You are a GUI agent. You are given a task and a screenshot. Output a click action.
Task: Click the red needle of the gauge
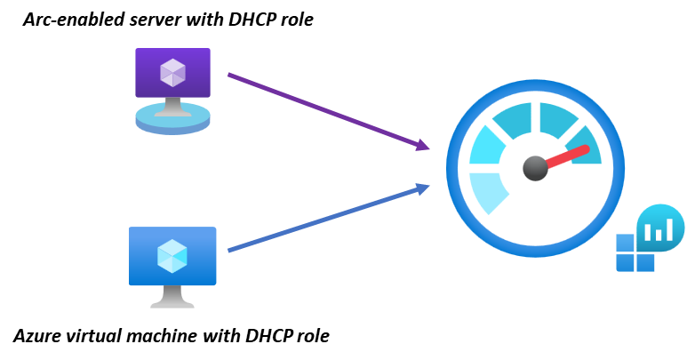point(569,156)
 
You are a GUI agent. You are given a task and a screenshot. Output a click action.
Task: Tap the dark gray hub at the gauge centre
point(535,168)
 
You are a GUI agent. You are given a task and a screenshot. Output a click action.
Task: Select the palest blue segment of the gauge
point(486,191)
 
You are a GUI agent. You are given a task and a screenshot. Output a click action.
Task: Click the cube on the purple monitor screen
point(172,72)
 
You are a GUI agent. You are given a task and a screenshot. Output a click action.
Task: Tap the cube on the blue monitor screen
point(172,256)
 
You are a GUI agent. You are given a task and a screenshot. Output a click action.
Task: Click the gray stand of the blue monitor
point(172,297)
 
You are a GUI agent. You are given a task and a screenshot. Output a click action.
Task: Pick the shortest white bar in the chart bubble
point(649,234)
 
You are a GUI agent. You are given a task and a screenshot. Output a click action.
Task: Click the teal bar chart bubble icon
point(660,228)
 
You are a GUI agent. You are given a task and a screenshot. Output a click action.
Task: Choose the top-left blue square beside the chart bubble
point(626,243)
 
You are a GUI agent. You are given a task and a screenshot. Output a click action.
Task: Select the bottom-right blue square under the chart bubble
point(646,263)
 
